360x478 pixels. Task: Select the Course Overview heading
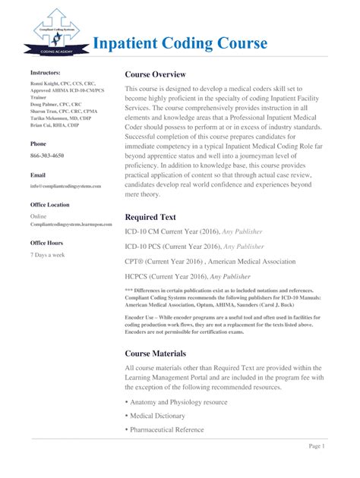point(155,74)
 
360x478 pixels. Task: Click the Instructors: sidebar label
point(45,72)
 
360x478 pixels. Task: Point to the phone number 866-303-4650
point(47,155)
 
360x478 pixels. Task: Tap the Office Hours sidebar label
point(47,243)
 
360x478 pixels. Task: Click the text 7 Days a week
point(47,255)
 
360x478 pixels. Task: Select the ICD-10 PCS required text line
point(194,247)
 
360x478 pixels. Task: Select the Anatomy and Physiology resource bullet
point(178,401)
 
